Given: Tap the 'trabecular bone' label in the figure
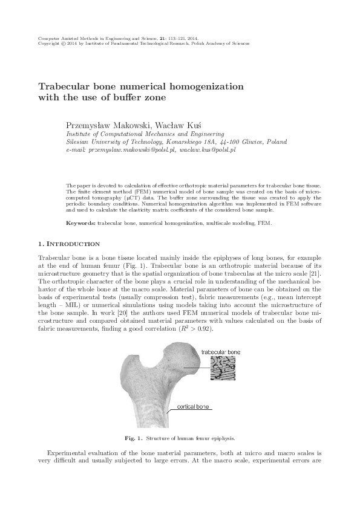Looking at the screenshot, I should [220, 351].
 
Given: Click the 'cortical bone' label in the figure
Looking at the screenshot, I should [193, 407].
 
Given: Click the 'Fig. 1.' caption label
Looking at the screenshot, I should [132, 436].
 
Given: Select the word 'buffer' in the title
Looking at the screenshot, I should [129, 97].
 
